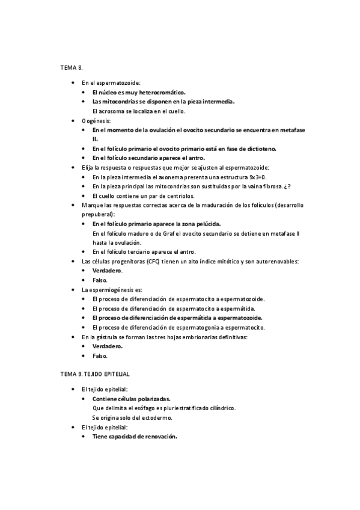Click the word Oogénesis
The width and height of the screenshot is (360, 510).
96,121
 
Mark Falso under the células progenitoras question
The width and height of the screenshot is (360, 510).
100,280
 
